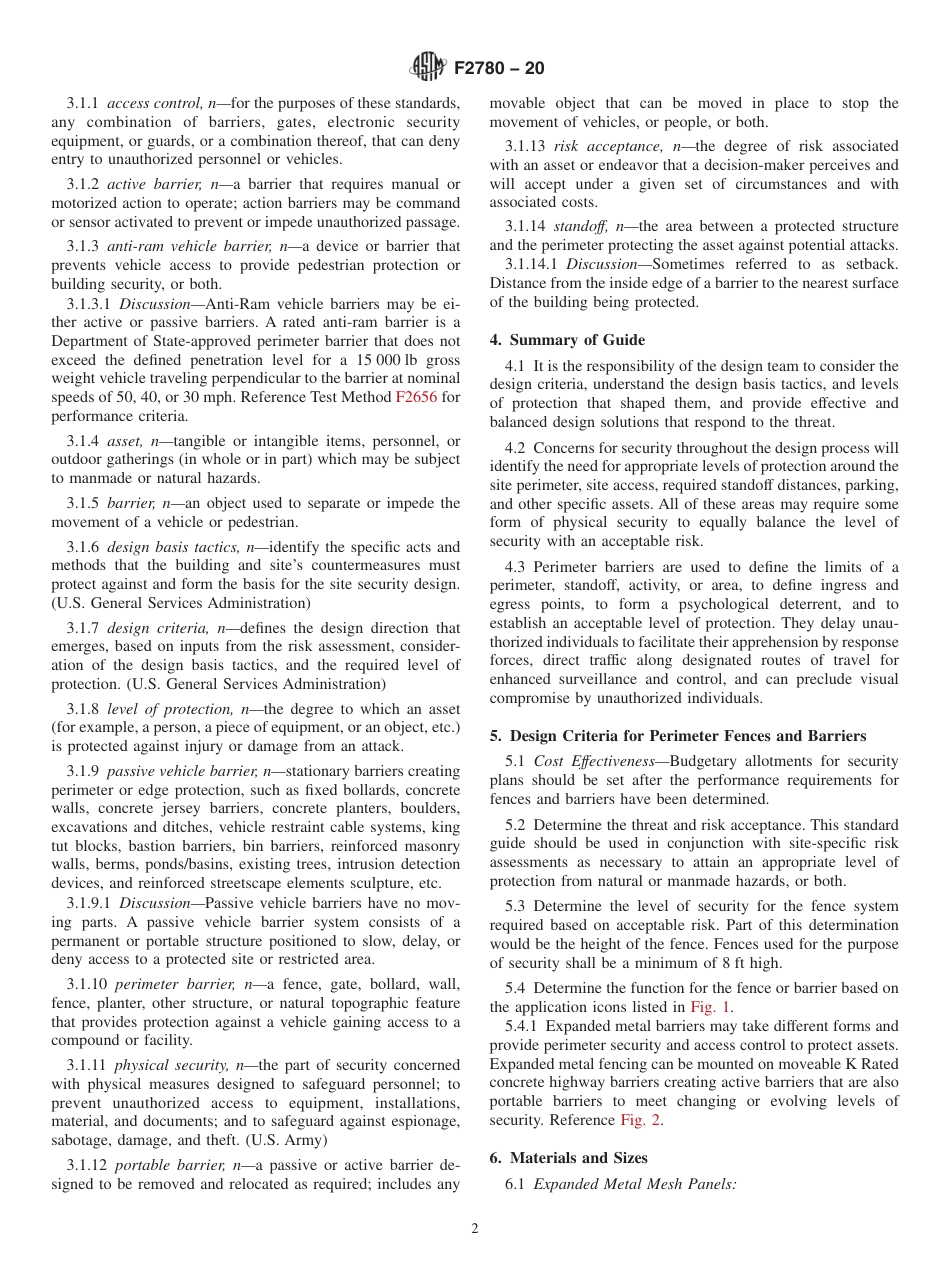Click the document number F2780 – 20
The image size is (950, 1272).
pos(499,69)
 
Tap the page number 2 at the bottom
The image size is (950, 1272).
pos(475,1229)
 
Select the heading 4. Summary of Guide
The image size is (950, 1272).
pos(567,340)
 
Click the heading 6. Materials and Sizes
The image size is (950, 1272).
pos(568,1157)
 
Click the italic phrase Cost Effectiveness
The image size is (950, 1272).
pos(593,761)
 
